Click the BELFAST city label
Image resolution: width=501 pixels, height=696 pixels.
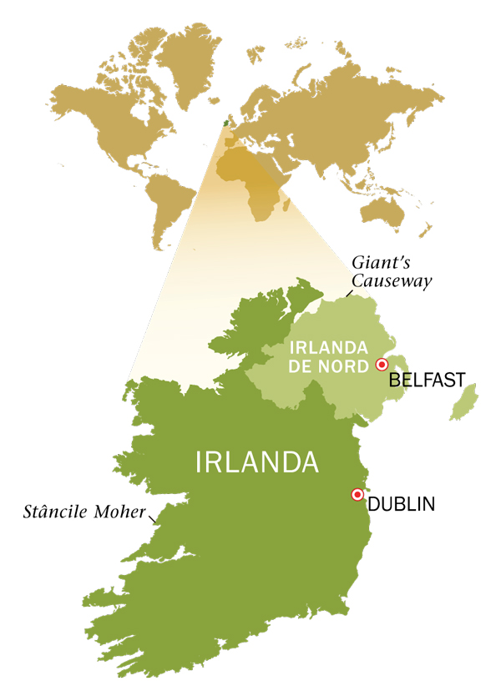point(426,380)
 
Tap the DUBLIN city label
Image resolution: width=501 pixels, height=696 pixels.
point(401,503)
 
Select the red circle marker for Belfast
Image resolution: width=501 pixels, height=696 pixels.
point(382,364)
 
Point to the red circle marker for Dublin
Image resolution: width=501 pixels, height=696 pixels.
point(357,494)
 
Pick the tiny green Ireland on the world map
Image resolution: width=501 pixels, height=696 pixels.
point(223,123)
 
